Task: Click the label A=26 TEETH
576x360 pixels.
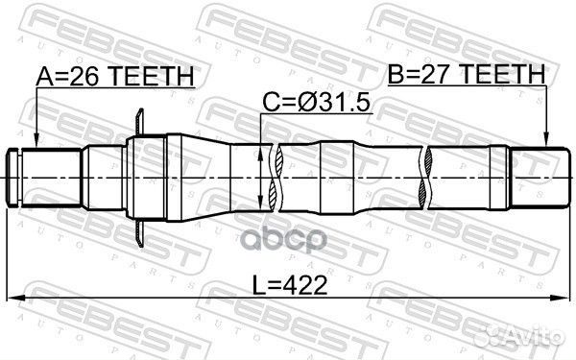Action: pos(115,75)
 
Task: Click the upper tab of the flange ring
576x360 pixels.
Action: pos(141,121)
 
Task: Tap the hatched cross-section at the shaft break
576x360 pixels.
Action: pos(274,178)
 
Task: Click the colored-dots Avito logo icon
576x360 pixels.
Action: pos(497,335)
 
